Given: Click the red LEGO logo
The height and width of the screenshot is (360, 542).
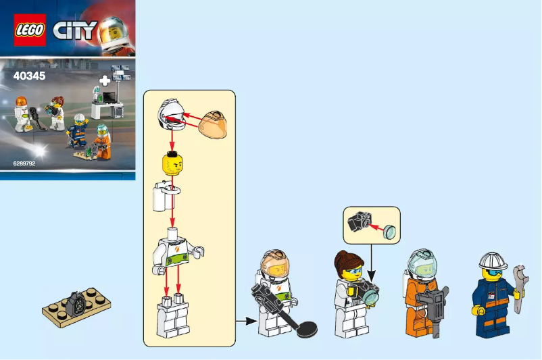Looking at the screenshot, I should click(x=30, y=30).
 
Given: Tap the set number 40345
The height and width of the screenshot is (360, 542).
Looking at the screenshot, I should click(x=29, y=76).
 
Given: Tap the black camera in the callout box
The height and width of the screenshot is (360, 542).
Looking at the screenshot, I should click(x=358, y=221).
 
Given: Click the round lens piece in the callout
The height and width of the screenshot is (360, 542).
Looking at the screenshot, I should click(x=389, y=232).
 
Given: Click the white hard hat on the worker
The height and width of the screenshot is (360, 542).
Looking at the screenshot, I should click(x=493, y=261).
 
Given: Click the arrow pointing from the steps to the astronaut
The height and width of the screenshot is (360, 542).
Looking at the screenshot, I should click(x=244, y=322).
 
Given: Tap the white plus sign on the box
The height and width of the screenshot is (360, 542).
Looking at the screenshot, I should click(x=104, y=81).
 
